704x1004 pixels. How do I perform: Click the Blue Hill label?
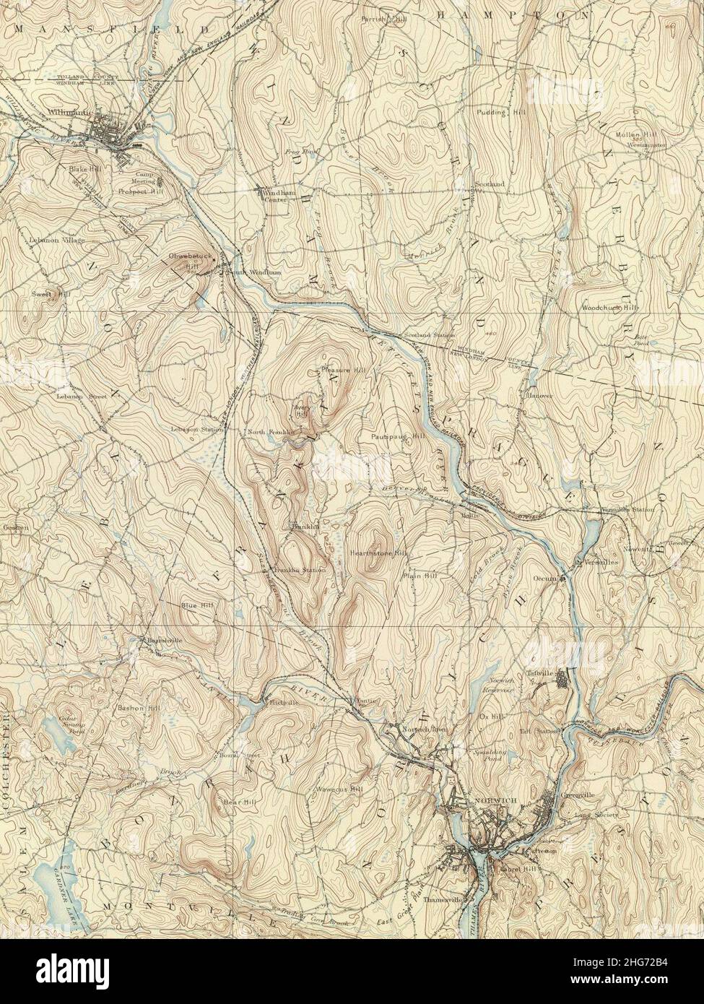click(x=197, y=605)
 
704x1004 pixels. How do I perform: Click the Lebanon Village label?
click(x=57, y=239)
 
